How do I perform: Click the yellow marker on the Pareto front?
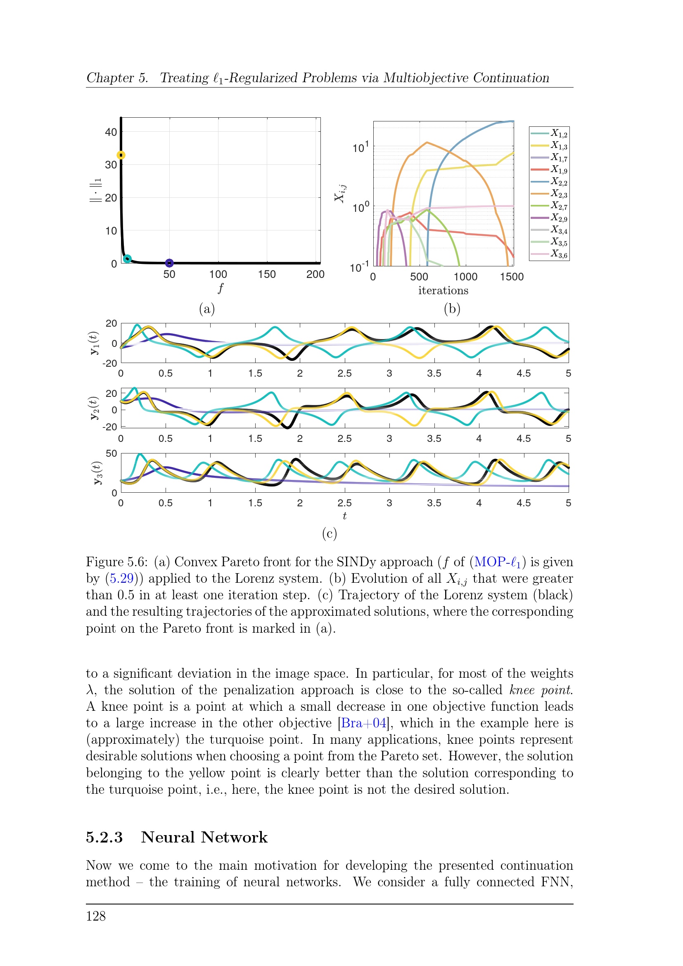[x=121, y=155]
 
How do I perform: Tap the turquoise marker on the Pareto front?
[x=127, y=259]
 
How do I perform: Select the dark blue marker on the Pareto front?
[x=169, y=263]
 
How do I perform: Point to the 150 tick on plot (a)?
[x=267, y=274]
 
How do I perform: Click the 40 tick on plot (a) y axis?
[x=111, y=132]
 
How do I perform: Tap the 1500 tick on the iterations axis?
[x=511, y=277]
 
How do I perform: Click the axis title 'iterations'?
[x=443, y=291]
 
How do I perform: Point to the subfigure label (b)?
[x=452, y=309]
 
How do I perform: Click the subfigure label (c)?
[x=329, y=534]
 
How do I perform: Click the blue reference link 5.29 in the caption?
[x=121, y=579]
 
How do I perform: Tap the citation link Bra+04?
[x=363, y=723]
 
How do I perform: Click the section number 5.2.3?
[x=104, y=837]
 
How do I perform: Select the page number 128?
[x=96, y=916]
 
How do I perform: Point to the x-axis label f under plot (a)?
[x=221, y=288]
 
